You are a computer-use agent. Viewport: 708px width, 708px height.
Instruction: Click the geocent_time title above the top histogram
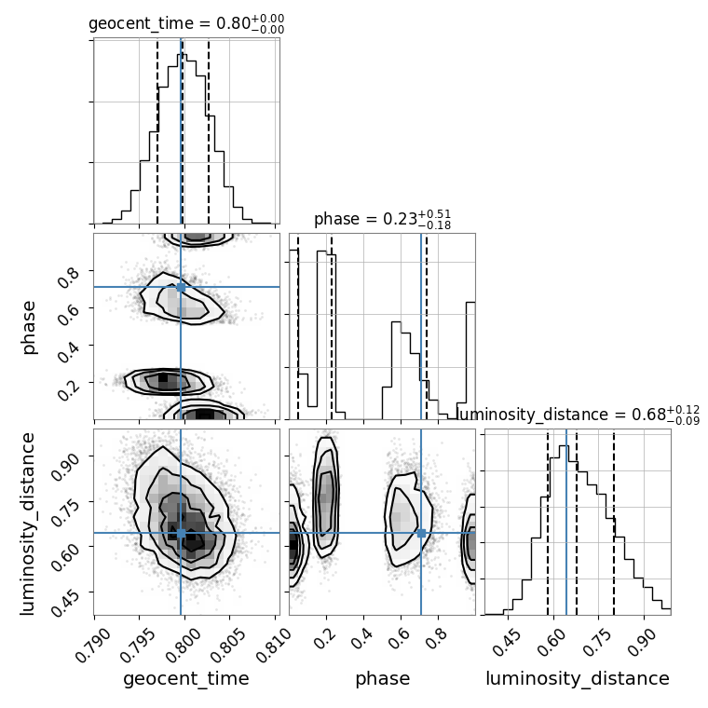click(186, 24)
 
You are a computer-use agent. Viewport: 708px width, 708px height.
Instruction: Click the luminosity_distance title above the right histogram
click(578, 415)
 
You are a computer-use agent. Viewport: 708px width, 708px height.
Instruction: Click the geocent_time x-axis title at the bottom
click(186, 679)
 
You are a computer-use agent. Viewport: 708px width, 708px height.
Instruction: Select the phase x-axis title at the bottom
click(382, 679)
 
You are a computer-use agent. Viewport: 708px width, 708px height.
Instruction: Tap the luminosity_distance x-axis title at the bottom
click(578, 679)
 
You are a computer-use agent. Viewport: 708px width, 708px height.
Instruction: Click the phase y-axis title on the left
click(29, 326)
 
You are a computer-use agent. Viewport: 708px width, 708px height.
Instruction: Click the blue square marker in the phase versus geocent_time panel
click(181, 287)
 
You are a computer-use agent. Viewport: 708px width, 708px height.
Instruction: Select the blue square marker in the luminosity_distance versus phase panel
click(421, 533)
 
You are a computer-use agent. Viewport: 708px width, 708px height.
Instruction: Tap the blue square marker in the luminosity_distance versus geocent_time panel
click(181, 533)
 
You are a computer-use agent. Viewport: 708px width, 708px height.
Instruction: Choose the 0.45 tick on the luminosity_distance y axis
click(70, 594)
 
